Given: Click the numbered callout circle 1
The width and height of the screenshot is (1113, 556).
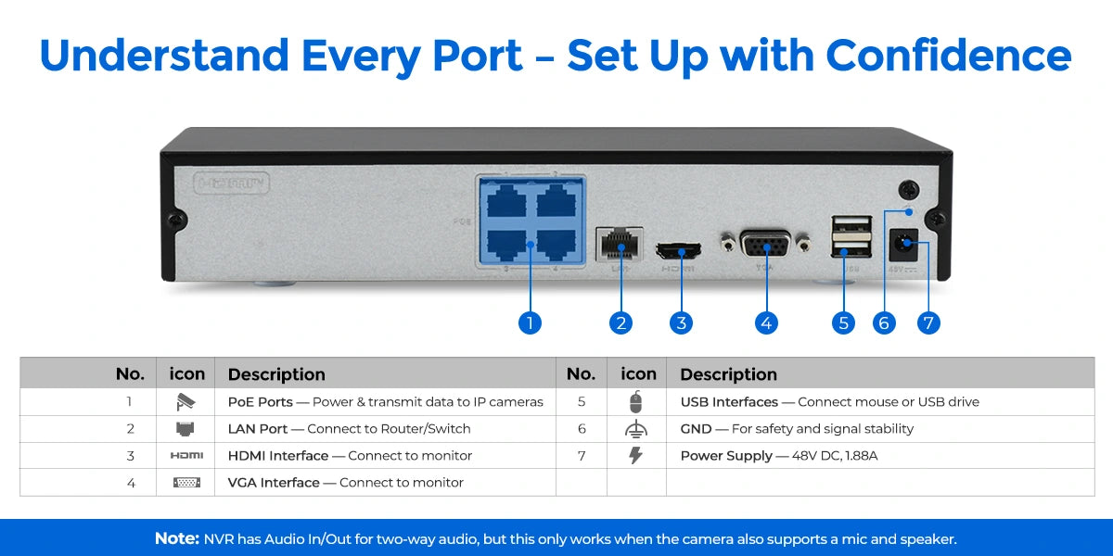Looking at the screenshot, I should [530, 322].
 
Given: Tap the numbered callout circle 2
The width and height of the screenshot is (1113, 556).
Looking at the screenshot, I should [621, 322].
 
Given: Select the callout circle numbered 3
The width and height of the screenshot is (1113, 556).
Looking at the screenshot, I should [682, 322].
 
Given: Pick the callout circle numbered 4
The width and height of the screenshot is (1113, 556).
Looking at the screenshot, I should [765, 322].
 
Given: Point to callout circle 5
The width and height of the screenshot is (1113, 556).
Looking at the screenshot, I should [843, 322].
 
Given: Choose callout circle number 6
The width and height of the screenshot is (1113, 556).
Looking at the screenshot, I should [884, 322].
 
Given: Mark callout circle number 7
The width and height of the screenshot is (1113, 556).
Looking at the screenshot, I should [928, 322].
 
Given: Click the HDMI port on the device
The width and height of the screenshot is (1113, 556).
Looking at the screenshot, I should [678, 250].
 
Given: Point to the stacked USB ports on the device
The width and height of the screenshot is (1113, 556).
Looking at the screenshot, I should [851, 236].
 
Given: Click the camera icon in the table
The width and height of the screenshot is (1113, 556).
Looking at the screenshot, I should [185, 402].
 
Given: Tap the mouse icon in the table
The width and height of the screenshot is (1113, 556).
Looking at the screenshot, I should [635, 402].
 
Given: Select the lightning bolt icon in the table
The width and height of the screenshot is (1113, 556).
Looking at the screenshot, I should [635, 455].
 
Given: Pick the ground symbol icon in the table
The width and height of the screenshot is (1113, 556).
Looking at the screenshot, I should [635, 429].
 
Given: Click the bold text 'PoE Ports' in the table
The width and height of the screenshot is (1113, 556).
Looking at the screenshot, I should [260, 402].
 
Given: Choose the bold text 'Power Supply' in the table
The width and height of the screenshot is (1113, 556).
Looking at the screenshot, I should [726, 456].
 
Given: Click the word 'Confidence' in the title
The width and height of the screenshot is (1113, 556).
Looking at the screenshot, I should [948, 56].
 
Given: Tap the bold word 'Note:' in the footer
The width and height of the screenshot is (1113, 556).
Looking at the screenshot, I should [176, 538].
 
